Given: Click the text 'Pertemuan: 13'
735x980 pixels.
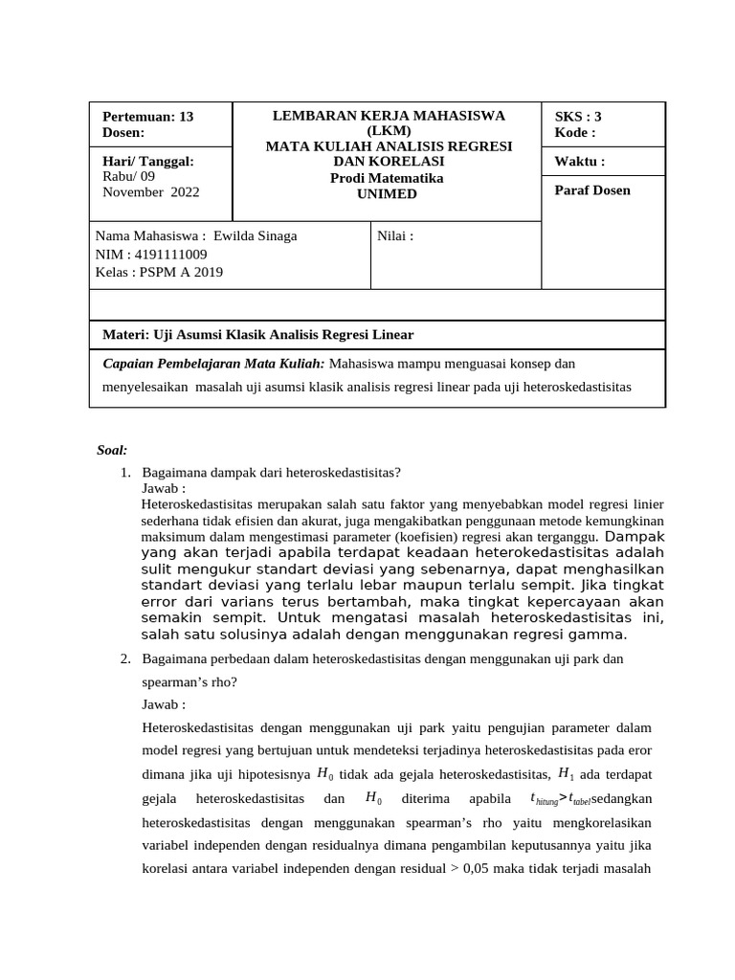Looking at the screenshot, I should coord(147,117).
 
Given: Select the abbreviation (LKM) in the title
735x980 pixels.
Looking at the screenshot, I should coord(389,130).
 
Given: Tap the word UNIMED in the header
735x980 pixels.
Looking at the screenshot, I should coord(388,193).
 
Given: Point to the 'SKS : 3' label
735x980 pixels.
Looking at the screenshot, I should coord(578,117).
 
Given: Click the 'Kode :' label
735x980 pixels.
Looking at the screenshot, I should coord(575,132).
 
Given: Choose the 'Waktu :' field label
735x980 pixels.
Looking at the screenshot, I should coord(579,161).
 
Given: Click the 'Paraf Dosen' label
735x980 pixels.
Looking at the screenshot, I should coord(592,189).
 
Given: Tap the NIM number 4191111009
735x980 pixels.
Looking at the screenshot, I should coord(171,254).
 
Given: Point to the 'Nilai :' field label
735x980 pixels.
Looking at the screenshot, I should coord(396,236).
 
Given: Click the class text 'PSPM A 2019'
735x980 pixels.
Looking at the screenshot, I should coord(182,272).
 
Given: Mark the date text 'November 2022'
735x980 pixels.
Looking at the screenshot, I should coord(150,191).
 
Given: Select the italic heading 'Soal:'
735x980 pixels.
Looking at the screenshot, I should coord(112,450).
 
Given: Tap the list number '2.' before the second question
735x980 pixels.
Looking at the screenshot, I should coord(125,659).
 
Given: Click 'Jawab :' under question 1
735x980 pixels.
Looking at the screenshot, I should coord(164,488).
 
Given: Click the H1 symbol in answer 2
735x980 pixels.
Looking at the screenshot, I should coord(566,774).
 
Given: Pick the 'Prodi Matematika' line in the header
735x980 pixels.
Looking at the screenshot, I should coord(388,178).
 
